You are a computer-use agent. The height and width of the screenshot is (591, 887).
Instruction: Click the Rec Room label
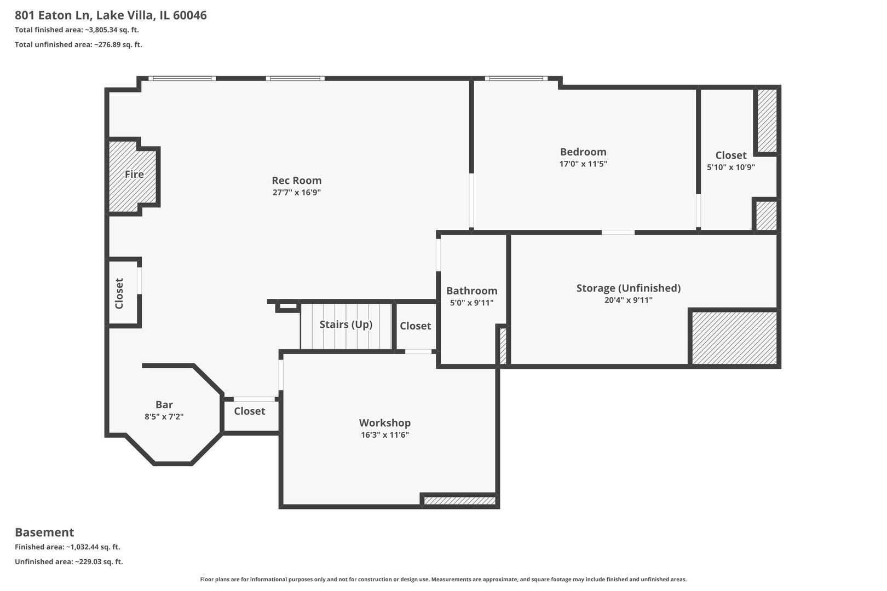(296, 181)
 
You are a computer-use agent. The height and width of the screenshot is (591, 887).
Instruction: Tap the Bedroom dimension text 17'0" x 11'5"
(583, 164)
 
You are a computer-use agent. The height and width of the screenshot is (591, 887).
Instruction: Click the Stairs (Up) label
(345, 325)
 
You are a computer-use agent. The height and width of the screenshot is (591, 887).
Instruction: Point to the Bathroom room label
(471, 291)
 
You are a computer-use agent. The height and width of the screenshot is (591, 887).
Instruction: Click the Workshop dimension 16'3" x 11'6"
(384, 435)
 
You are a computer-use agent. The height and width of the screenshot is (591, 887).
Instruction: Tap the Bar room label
(164, 405)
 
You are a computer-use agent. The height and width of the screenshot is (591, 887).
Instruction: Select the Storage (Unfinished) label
(628, 288)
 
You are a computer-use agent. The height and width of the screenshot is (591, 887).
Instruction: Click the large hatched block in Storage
(734, 338)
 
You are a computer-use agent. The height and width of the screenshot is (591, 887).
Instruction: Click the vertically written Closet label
(119, 293)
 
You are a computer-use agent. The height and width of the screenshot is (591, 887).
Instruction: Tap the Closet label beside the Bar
(249, 411)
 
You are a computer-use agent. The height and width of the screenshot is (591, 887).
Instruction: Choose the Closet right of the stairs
(415, 326)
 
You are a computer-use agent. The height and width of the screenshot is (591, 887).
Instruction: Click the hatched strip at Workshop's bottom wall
(459, 500)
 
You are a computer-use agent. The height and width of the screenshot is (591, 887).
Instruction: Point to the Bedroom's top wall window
(517, 79)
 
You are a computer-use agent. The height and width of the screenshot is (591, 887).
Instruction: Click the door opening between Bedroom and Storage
(618, 233)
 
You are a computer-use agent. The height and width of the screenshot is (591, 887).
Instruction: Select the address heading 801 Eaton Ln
(111, 15)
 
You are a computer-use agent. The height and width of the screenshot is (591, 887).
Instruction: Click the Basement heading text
(44, 532)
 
